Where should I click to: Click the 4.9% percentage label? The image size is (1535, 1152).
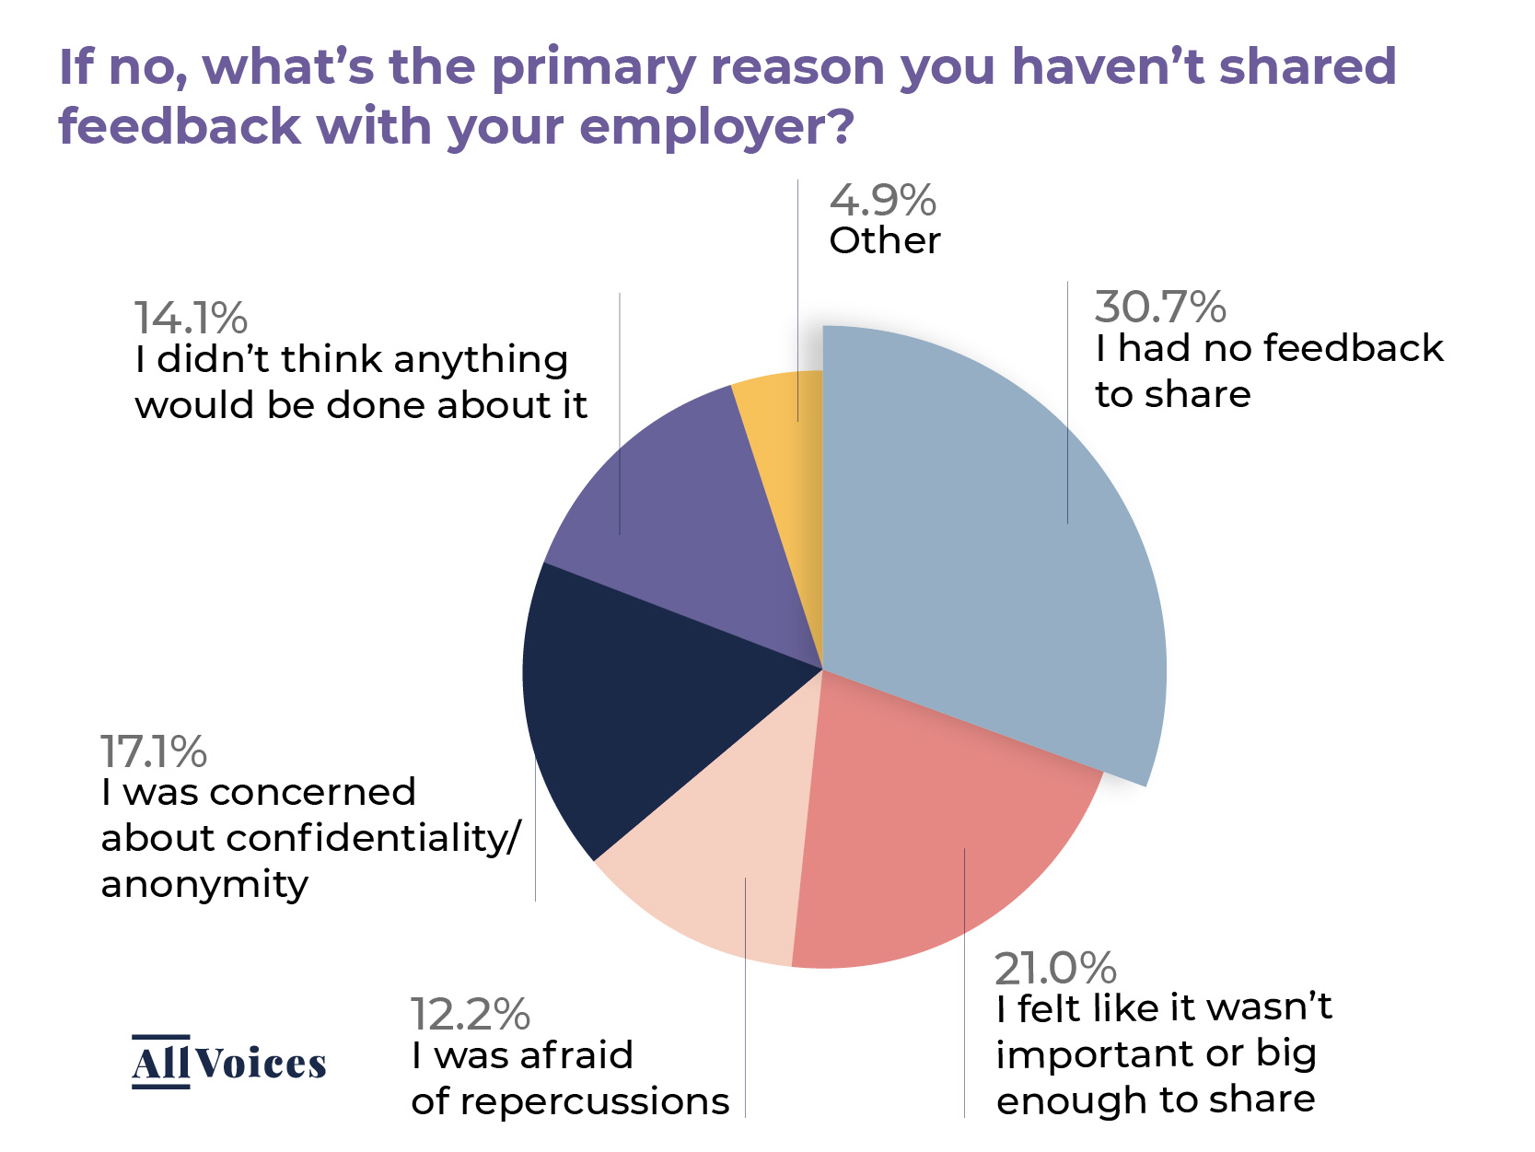click(x=882, y=201)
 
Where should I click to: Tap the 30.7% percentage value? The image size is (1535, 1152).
click(x=1159, y=307)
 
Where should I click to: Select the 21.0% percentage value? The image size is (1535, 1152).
click(x=1055, y=968)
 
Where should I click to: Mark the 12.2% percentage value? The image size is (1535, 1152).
click(x=470, y=1015)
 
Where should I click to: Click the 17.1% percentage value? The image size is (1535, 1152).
click(x=154, y=751)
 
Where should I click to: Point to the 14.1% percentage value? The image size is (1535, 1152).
click(x=191, y=318)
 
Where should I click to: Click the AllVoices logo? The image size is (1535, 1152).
click(x=228, y=1063)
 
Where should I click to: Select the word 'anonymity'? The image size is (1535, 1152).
click(x=204, y=885)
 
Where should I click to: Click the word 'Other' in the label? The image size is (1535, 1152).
click(x=885, y=241)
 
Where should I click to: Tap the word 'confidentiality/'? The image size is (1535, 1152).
click(x=374, y=838)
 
